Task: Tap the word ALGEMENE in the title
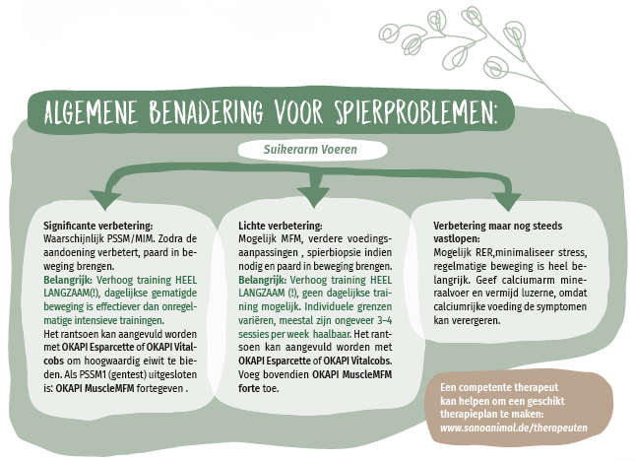(x=91, y=111)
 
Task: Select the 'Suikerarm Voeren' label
(x=310, y=150)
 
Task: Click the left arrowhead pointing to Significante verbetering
(x=105, y=199)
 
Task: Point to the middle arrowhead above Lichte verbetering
(x=313, y=196)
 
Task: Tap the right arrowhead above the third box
(x=507, y=201)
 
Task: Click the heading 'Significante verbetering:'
(x=98, y=226)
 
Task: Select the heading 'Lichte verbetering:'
(x=281, y=226)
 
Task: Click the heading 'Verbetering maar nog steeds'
(x=498, y=226)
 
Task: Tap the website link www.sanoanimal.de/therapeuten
(x=514, y=428)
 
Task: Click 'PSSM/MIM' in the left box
(x=131, y=238)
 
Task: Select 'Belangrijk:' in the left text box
(x=68, y=280)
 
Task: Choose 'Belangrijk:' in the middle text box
(x=263, y=280)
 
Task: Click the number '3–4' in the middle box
(x=384, y=320)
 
